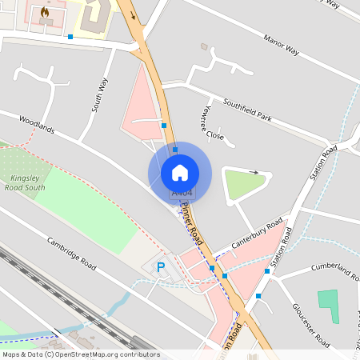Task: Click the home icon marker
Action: click(x=180, y=172)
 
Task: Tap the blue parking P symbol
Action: click(x=160, y=268)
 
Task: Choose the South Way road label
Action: click(x=98, y=94)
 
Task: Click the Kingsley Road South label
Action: click(x=28, y=183)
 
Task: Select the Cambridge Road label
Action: click(x=71, y=253)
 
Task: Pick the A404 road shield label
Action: click(x=182, y=193)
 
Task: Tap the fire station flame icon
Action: click(x=45, y=13)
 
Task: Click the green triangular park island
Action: click(x=242, y=185)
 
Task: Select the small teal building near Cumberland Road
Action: click(x=328, y=306)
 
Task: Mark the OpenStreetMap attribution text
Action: click(x=81, y=354)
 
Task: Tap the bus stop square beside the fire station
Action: click(x=70, y=37)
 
